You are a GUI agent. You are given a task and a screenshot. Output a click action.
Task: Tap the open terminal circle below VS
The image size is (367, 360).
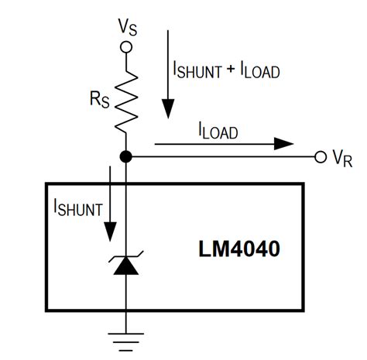(126, 46)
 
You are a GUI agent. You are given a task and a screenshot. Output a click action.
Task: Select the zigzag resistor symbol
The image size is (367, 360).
(126, 99)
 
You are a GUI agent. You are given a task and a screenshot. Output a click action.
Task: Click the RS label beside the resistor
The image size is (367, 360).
(99, 101)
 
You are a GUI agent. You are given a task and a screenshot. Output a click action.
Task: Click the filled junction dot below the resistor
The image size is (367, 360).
(126, 157)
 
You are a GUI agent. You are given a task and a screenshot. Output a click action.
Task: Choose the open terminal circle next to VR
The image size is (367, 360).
(320, 157)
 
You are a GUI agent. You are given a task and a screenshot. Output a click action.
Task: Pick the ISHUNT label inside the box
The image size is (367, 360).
(77, 207)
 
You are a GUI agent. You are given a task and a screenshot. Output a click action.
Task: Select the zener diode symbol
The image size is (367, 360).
(126, 266)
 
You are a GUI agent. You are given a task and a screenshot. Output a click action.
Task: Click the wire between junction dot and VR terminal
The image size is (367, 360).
(225, 157)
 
